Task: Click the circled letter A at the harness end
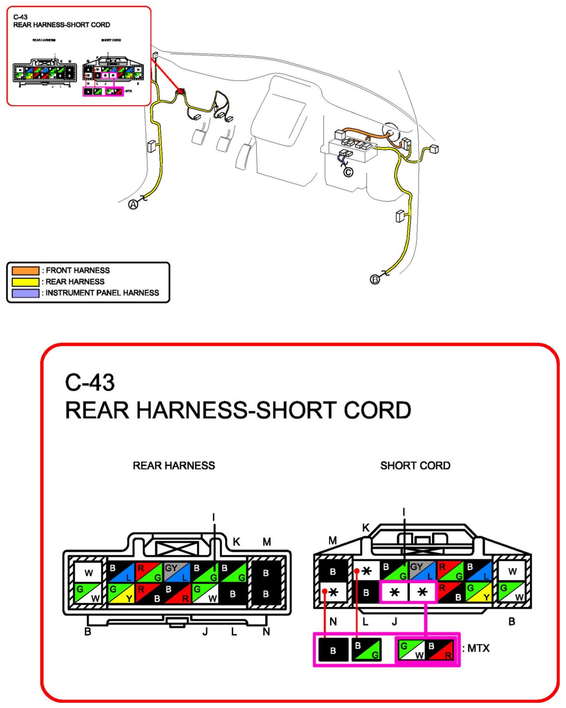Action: click(133, 204)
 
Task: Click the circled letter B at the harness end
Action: click(375, 279)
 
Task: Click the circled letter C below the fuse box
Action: click(348, 172)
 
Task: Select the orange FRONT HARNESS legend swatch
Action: click(25, 270)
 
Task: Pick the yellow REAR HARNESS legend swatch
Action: click(25, 282)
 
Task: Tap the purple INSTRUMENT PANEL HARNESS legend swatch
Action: click(25, 293)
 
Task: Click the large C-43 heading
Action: click(90, 382)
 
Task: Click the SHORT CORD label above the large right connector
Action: click(415, 466)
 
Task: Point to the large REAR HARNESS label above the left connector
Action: click(174, 466)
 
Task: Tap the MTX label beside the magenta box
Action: click(478, 648)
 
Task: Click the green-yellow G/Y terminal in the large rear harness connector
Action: click(121, 593)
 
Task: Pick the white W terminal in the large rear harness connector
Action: click(88, 572)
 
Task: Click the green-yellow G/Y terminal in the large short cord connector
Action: click(479, 592)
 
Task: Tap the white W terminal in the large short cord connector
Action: click(512, 571)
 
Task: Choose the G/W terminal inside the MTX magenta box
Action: click(411, 650)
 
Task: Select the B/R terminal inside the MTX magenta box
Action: click(440, 650)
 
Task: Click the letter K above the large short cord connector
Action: click(366, 528)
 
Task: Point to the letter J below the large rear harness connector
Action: click(205, 631)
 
